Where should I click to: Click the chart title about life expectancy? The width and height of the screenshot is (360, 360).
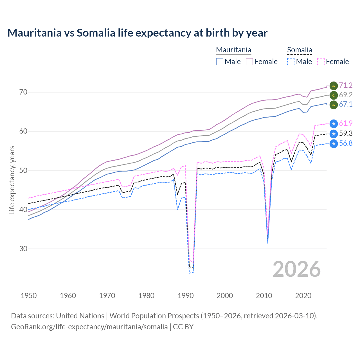137,33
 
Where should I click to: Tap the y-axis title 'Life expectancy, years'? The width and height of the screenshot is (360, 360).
12,180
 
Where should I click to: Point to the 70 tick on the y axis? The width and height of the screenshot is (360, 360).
24,92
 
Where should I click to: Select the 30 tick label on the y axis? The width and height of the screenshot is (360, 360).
24,249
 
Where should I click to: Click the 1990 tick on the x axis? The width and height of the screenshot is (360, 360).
186,296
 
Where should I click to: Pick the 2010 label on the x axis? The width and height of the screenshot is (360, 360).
264,296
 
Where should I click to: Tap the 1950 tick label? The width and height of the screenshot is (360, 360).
29,296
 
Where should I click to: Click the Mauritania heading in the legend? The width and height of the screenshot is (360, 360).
233,50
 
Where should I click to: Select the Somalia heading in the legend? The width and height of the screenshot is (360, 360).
300,50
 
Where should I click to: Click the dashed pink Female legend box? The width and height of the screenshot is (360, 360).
321,62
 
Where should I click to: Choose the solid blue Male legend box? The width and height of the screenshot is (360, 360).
220,62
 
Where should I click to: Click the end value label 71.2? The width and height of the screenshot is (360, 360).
346,85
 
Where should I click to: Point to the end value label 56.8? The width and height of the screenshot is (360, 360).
346,143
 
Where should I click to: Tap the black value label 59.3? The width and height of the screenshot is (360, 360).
346,133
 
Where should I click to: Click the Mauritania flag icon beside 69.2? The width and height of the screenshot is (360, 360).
334,95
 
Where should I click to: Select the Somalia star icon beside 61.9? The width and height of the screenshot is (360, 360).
334,123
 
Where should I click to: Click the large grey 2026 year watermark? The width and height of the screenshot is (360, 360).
297,269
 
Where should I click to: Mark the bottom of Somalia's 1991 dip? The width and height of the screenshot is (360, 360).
190,273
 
